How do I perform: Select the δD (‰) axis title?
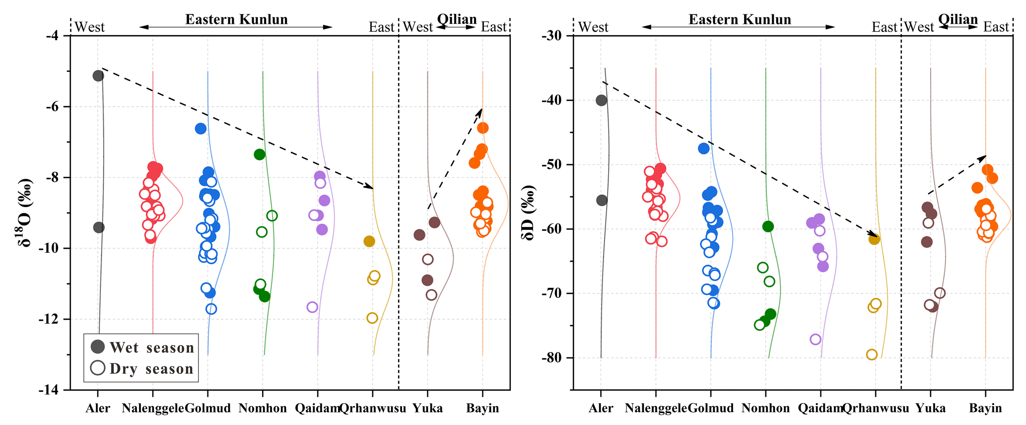pos(528,213)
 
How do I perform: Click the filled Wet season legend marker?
pos(98,347)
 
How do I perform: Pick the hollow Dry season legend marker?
pos(98,368)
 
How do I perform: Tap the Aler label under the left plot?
pos(98,409)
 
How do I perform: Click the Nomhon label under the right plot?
pos(765,409)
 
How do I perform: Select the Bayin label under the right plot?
pos(985,409)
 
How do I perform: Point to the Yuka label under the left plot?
pos(428,409)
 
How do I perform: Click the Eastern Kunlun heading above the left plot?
pos(236,19)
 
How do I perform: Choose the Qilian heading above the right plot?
pos(958,19)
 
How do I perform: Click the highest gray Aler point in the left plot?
pos(98,75)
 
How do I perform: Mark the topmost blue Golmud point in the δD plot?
pos(703,148)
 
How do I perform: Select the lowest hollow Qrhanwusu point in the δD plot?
pos(872,354)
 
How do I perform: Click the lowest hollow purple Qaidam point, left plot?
pos(312,307)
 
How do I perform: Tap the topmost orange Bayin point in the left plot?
pos(482,128)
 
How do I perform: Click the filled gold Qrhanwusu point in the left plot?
pos(369,241)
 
